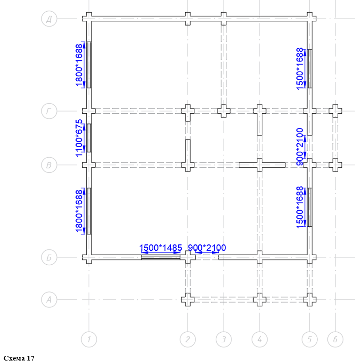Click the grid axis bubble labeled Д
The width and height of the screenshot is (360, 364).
click(49, 19)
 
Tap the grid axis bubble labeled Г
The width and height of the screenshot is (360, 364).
click(49, 111)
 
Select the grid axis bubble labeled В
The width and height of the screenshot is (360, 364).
click(49, 165)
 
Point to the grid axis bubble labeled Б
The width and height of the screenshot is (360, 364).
click(49, 257)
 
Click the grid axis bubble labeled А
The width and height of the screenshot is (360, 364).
click(49, 300)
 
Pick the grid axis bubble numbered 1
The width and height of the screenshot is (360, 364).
click(89, 339)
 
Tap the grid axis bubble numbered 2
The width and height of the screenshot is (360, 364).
click(188, 339)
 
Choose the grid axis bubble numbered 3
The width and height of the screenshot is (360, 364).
click(224, 339)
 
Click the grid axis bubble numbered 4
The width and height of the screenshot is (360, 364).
click(260, 339)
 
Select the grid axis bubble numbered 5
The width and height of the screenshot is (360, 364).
click(309, 339)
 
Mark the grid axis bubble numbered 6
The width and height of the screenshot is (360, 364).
click(335, 339)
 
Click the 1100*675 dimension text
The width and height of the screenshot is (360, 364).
click(79, 138)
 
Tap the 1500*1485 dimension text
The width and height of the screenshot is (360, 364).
click(160, 248)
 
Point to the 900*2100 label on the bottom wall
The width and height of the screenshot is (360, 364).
click(207, 248)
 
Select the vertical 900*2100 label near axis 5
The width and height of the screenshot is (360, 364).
click(300, 147)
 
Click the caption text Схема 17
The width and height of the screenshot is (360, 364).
click(19, 358)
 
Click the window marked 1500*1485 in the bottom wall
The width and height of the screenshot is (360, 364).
click(161, 257)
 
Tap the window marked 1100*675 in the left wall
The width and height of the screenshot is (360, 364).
click(89, 138)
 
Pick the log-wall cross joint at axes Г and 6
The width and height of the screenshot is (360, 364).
click(335, 111)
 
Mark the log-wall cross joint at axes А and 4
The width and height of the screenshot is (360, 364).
click(260, 300)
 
